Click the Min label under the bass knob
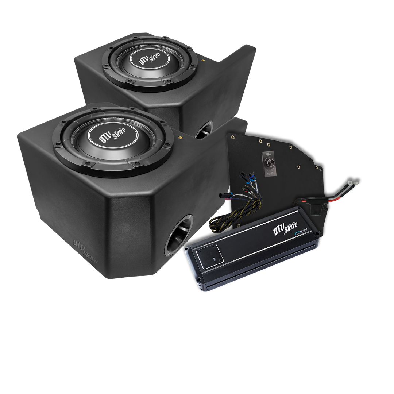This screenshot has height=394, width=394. [x=267, y=173]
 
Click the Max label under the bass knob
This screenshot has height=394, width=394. [x=273, y=173]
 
